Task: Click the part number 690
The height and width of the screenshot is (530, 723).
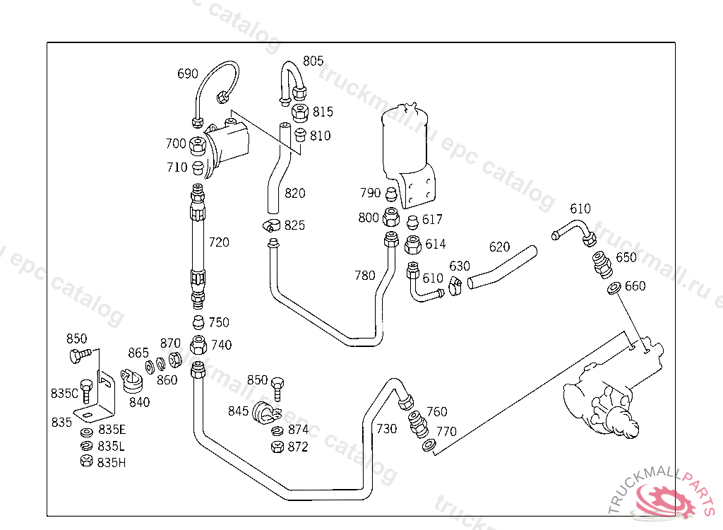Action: [187, 73]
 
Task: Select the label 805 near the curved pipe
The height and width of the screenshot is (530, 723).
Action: [313, 61]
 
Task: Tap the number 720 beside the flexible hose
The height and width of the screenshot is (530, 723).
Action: [219, 242]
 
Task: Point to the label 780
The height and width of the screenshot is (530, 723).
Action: [365, 276]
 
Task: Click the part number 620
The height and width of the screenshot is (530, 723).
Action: [499, 247]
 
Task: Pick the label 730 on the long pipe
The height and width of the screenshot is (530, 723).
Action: [386, 428]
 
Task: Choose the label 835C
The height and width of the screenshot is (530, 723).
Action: [64, 393]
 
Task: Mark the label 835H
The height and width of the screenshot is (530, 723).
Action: [112, 462]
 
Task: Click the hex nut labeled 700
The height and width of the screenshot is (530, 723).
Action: [198, 145]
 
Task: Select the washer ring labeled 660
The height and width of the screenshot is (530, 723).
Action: [614, 288]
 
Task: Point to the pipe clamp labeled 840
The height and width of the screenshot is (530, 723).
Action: [131, 382]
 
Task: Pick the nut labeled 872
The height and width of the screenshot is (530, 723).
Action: [277, 447]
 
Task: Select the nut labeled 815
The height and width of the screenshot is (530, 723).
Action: [299, 112]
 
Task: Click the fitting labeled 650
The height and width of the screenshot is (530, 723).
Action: [601, 265]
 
